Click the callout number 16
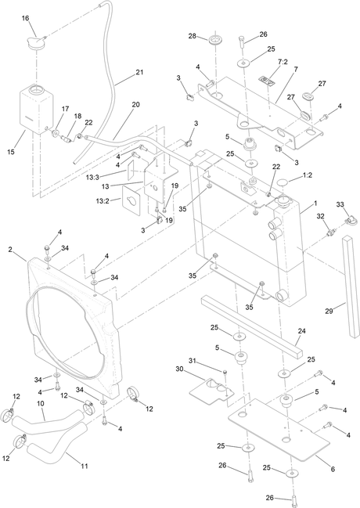tap(26, 18)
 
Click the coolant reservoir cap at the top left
tap(36, 43)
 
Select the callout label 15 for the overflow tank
tap(11, 152)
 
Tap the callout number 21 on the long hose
tap(139, 72)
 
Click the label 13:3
tap(92, 178)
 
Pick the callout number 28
tap(193, 36)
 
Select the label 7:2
tap(283, 62)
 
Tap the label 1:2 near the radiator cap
tap(308, 175)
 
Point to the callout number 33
tap(340, 204)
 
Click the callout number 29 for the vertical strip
tap(329, 312)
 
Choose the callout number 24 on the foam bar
tap(301, 331)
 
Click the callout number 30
tap(180, 369)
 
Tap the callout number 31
tap(193, 361)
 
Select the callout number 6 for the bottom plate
tap(333, 469)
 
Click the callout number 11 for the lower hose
tap(85, 467)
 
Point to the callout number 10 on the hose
tap(41, 404)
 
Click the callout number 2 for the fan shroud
tap(10, 250)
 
